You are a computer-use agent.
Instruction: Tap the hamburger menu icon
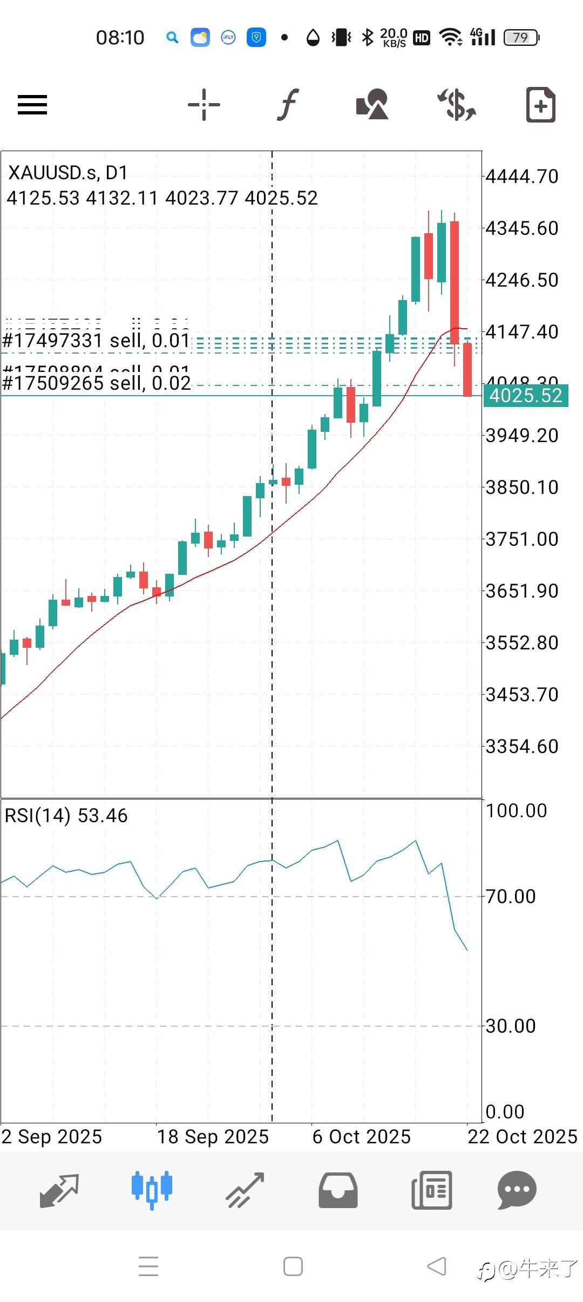[32, 105]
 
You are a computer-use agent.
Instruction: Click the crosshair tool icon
[204, 104]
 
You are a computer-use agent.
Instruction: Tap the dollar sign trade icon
[457, 104]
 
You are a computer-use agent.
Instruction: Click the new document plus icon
[540, 104]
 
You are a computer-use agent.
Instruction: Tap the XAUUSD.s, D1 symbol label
[68, 173]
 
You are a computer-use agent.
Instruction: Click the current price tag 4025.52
[525, 396]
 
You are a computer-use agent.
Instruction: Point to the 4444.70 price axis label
[522, 177]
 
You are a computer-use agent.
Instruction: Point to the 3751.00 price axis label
[522, 539]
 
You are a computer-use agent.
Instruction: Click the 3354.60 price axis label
[522, 747]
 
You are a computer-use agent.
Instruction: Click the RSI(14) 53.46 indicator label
[66, 816]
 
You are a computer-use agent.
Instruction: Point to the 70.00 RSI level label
[511, 897]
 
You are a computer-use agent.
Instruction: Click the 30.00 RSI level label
[511, 1026]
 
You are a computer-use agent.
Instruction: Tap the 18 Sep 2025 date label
[213, 1137]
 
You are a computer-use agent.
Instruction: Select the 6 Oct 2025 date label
[362, 1137]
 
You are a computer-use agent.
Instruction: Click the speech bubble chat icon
[517, 1190]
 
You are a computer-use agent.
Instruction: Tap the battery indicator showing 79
[521, 38]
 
